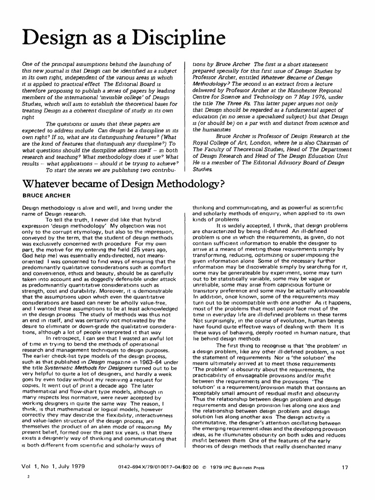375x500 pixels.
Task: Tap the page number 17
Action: [345, 467]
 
